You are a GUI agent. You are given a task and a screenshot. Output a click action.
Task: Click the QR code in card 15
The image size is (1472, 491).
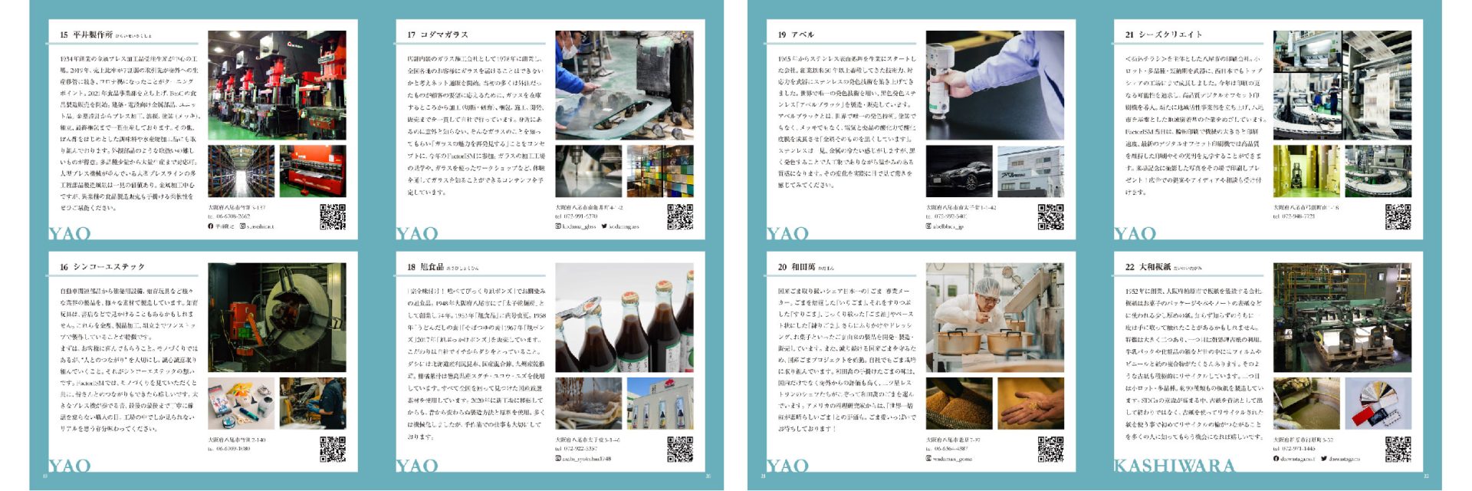pos(332,217)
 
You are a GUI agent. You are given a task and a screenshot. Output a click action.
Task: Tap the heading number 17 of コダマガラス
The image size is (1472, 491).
pos(412,35)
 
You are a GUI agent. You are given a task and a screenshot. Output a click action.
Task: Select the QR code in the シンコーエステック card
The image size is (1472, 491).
pos(332,449)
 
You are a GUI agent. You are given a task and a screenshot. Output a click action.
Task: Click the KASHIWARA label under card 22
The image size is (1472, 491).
pos(1174,466)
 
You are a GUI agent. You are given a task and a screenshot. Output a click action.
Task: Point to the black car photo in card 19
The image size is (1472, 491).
pos(958,172)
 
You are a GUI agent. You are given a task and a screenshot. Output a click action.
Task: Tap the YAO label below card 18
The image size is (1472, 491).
pos(417,466)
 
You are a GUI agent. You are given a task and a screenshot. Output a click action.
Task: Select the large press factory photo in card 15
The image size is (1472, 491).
pos(277,84)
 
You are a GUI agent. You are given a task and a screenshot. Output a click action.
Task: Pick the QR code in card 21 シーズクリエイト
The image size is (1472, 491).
pos(1398,217)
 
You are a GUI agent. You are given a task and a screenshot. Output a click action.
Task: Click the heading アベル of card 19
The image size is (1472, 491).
pos(803,35)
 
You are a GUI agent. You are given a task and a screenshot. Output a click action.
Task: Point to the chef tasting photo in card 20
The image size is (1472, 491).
pos(994,317)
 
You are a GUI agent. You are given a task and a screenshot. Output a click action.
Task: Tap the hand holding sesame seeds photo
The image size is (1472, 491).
pos(1030,404)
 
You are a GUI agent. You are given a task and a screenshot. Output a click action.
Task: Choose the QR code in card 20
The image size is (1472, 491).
pos(1050,449)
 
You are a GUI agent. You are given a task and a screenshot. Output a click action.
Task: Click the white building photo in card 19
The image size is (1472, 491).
pos(1030,172)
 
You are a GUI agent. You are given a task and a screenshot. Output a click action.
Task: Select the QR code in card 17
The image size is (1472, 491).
pos(679,217)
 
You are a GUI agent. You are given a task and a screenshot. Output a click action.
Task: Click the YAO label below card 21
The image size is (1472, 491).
pos(1135,233)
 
